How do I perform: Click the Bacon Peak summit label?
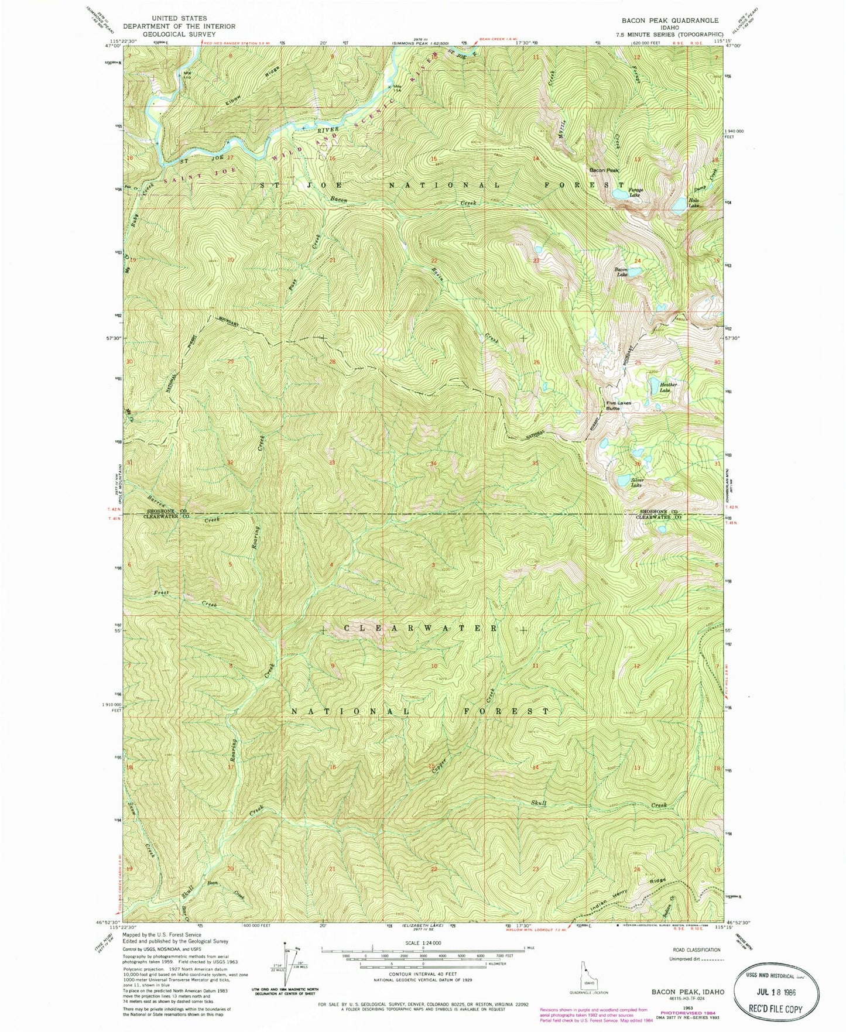[x=603, y=170]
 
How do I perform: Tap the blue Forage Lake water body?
[x=618, y=193]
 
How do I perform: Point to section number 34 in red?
[x=433, y=464]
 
